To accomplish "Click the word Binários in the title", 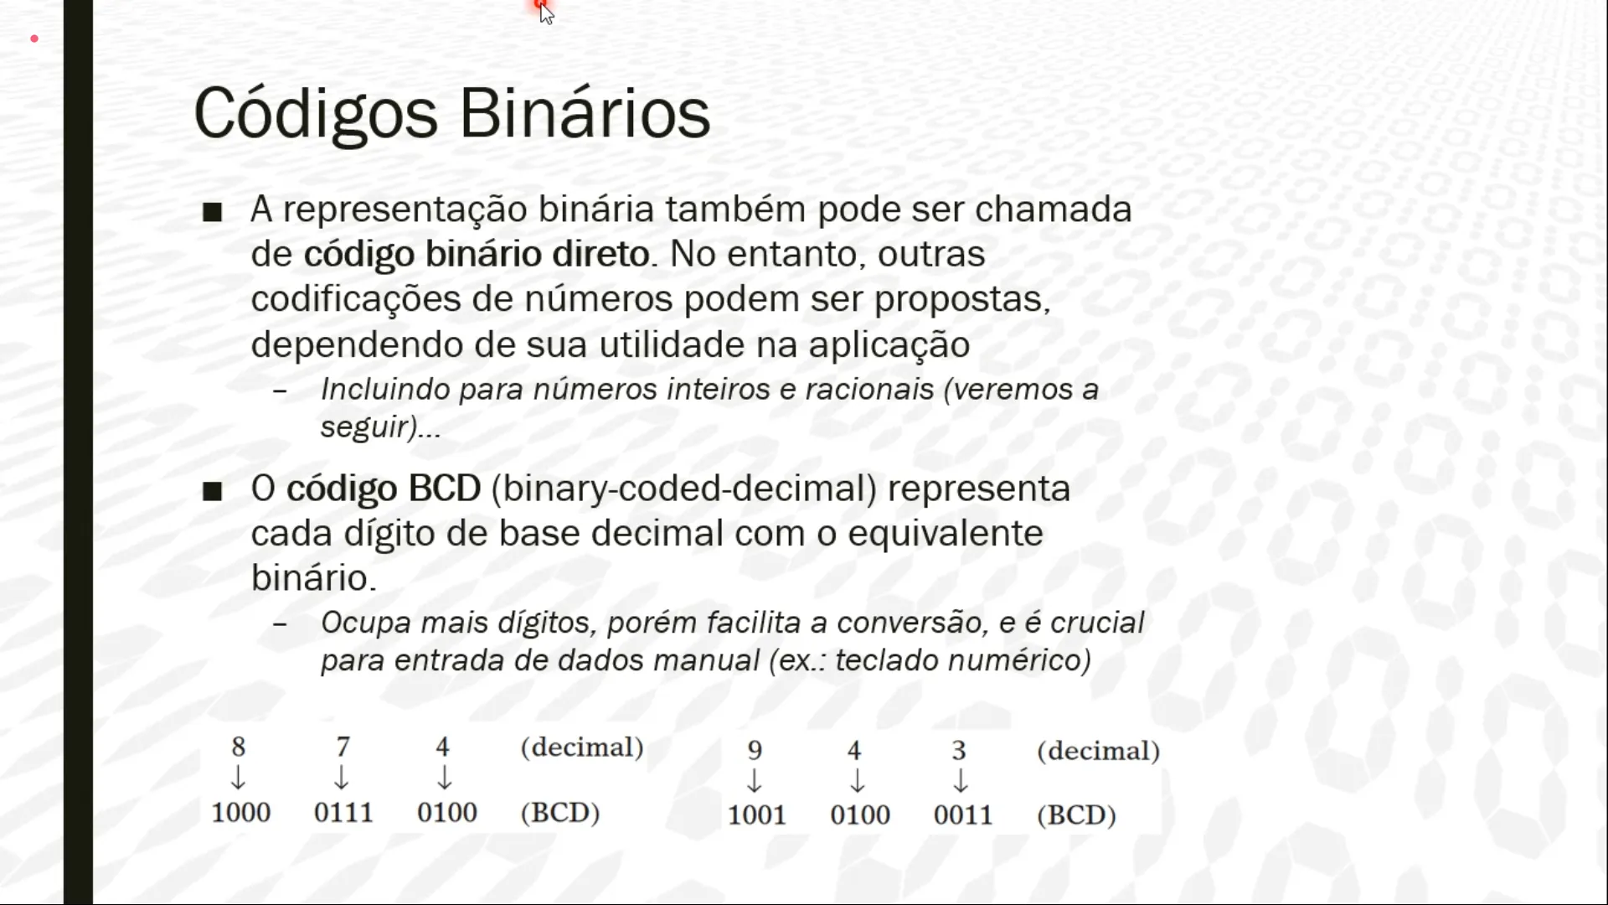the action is (x=585, y=113).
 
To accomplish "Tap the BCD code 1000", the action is (x=240, y=812).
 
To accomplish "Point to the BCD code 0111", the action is (x=343, y=812).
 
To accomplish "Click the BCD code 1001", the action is (x=756, y=814).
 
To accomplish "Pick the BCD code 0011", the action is (x=963, y=814).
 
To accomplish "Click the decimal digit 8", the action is (x=239, y=746).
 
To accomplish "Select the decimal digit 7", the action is (x=343, y=746).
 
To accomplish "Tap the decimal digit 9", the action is (x=755, y=750).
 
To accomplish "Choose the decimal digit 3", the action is (x=959, y=750).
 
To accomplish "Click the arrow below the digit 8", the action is (x=238, y=778).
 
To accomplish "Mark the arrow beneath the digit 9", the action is (x=754, y=781).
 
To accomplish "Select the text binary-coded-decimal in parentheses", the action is (x=684, y=489).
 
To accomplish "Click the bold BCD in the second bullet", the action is (x=445, y=489).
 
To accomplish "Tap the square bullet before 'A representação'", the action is (x=212, y=212).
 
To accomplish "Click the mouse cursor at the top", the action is (x=546, y=13).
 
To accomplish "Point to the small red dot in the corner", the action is (x=34, y=39).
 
